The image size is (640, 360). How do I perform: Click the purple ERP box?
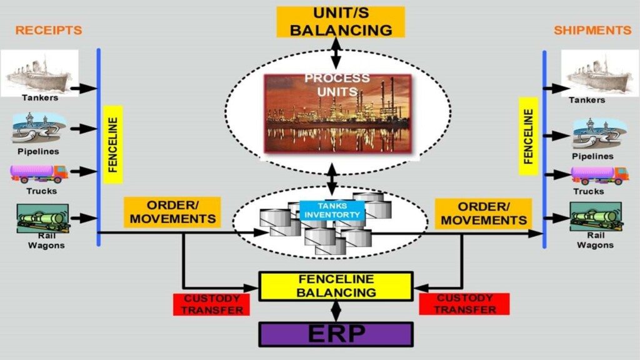coord(336,334)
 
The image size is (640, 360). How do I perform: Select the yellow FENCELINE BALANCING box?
coord(336,286)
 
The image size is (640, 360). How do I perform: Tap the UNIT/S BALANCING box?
coord(341,22)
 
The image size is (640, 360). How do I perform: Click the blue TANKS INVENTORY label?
coord(332,210)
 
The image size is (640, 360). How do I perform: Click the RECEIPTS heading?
coord(49,30)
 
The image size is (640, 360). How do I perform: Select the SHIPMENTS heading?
coord(592,30)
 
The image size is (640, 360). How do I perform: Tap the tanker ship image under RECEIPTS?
coord(39,72)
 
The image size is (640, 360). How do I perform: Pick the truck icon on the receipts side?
coord(39,173)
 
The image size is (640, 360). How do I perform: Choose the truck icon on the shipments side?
coord(599,175)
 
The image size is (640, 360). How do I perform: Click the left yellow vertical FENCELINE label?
coord(113,144)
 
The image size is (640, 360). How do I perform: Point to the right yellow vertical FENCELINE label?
coord(529,136)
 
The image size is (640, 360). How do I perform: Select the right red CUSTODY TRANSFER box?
coord(464,304)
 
